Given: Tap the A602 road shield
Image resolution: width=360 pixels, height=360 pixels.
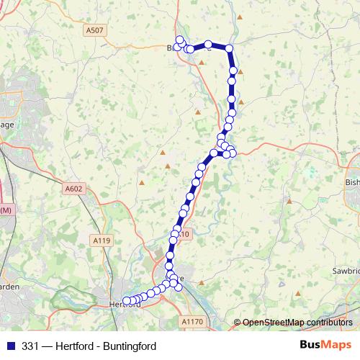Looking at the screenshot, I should [73, 189].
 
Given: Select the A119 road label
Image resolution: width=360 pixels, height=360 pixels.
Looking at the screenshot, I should [102, 240].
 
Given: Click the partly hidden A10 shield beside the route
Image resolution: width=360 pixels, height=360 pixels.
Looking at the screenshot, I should [185, 234].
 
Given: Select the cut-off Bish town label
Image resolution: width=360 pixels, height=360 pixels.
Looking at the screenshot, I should [352, 183].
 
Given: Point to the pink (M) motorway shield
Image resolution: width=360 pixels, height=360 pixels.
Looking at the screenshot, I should [6, 210].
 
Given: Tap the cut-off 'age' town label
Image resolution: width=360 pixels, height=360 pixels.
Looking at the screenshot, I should [7, 125].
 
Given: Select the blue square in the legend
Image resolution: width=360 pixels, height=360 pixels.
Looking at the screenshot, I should [9, 346].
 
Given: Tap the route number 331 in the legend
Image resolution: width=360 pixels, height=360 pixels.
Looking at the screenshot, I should [30, 346].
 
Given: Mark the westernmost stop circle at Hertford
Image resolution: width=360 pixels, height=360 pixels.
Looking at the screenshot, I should [127, 301].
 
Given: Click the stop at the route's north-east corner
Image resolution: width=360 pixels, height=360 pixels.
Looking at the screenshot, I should [229, 48].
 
